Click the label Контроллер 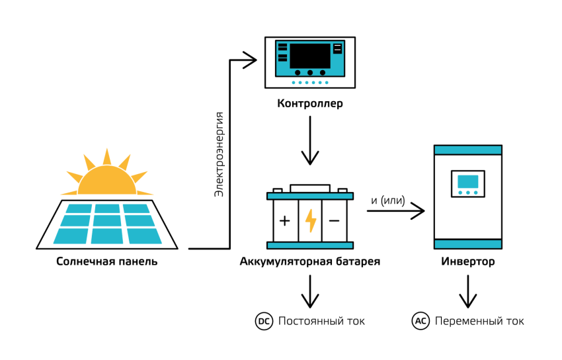pos(310,104)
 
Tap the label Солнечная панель pos(107,261)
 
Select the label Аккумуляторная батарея pos(310,261)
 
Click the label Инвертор pos(467,261)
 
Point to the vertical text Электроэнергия pos(219,154)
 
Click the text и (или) pos(389,201)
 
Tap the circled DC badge pos(264,321)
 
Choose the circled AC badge pos(421,321)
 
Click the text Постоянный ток pos(321,321)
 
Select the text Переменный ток pos(479,321)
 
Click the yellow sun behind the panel pos(106,175)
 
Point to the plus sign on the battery pos(285,220)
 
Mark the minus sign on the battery pos(335,220)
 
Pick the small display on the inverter pos(467,182)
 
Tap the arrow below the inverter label pos(468,291)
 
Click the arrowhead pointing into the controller pos(249,60)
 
